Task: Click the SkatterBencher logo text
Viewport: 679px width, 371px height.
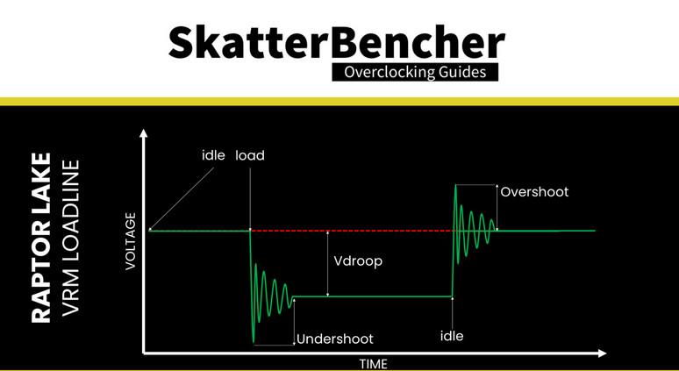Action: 337,41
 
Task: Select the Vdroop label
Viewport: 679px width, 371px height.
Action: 359,260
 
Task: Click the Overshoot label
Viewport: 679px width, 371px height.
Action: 534,191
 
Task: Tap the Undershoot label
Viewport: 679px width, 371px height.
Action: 334,339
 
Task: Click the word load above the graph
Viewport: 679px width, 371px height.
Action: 250,155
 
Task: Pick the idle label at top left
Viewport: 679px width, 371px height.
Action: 213,155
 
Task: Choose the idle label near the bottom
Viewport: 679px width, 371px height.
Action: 452,335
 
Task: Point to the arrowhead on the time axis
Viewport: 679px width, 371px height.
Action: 602,353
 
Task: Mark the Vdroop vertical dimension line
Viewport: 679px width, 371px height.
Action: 326,263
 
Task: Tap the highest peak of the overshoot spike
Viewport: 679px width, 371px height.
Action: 455,185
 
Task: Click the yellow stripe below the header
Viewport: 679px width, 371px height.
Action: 339,101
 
